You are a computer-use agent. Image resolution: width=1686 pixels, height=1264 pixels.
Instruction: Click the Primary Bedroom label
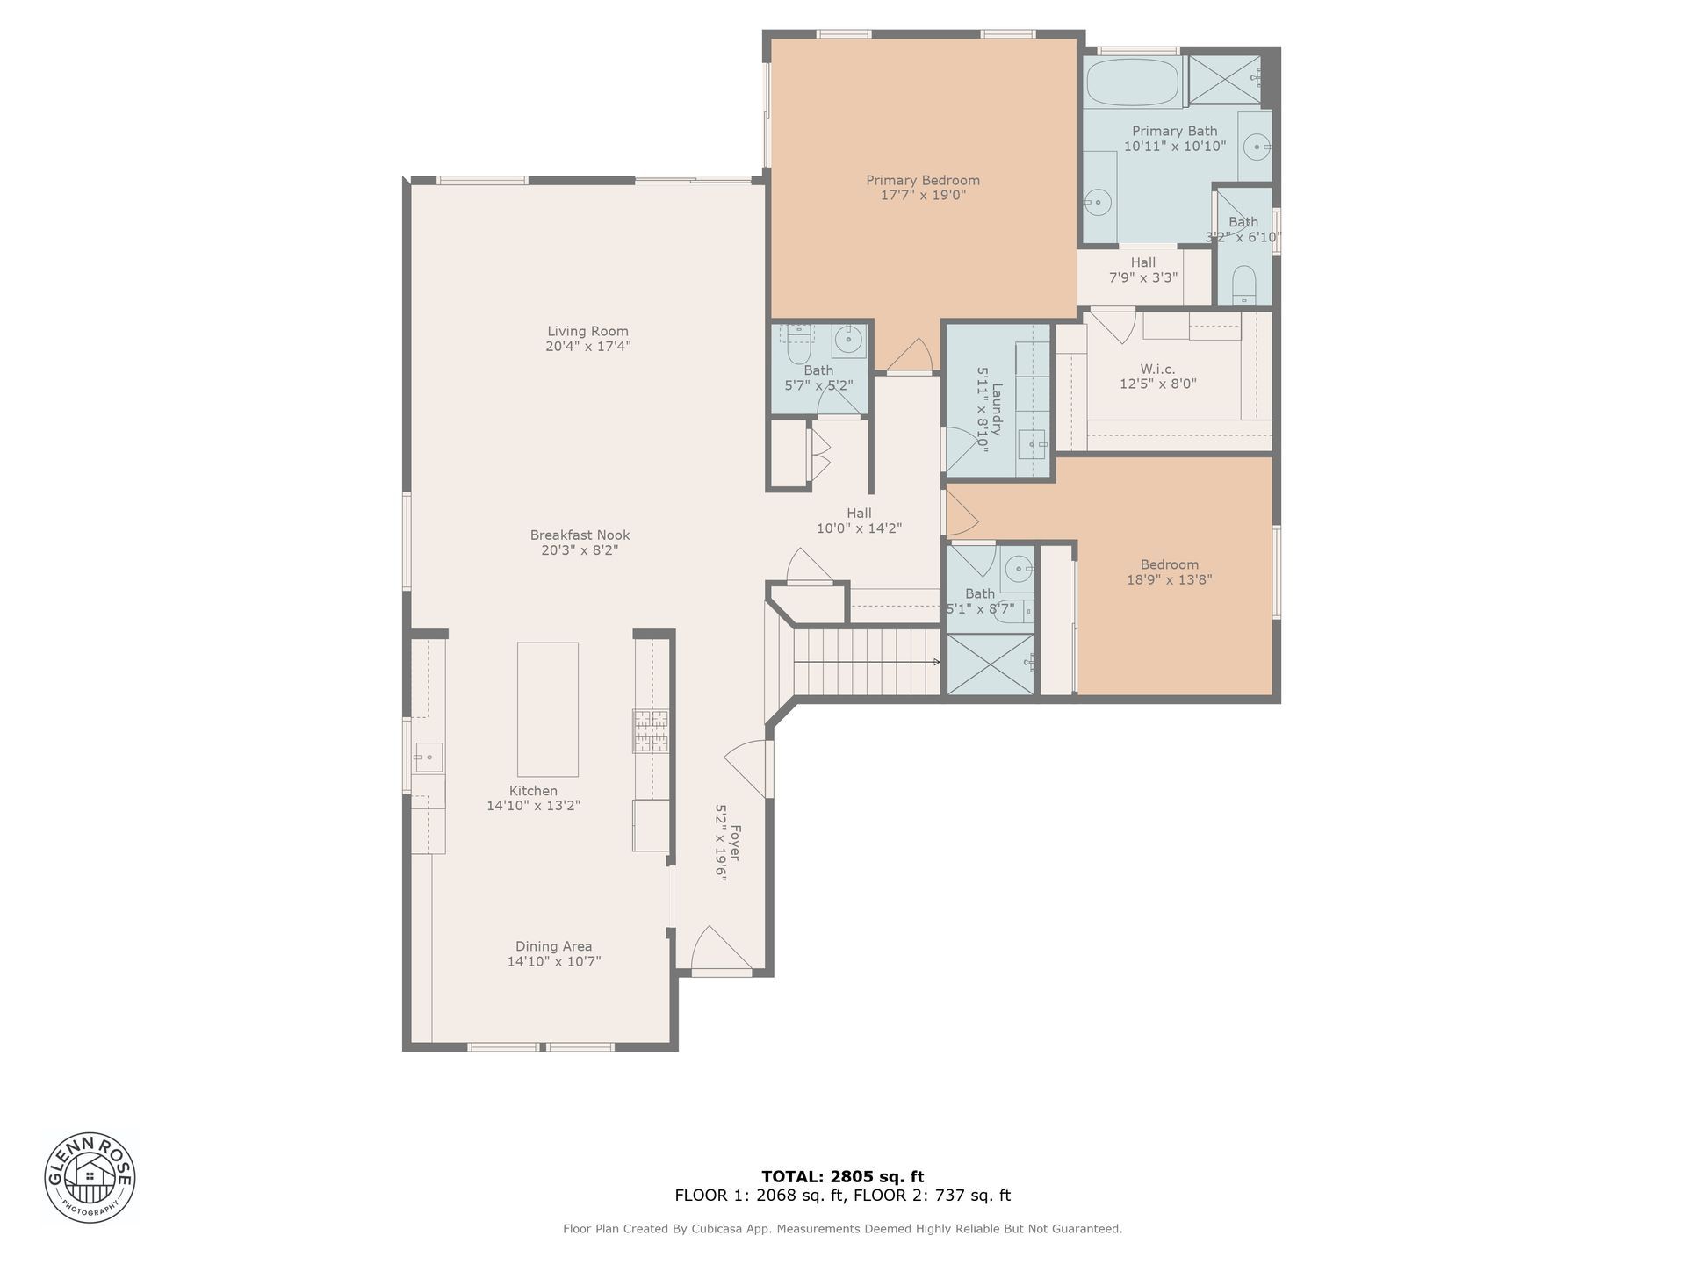click(x=923, y=180)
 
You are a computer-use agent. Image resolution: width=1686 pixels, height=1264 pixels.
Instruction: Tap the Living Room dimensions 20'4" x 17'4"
click(x=588, y=346)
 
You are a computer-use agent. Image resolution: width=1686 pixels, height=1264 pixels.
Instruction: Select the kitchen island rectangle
click(x=548, y=709)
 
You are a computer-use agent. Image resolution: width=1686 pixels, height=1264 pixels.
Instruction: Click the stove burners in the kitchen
click(x=651, y=731)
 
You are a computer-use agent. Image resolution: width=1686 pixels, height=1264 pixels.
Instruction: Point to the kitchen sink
click(x=429, y=757)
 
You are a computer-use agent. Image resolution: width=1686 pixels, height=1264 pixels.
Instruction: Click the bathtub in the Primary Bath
click(x=1133, y=83)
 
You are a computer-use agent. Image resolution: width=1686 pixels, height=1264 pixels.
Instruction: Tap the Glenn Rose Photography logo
click(x=90, y=1176)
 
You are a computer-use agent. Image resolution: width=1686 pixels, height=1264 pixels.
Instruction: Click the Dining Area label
click(x=554, y=946)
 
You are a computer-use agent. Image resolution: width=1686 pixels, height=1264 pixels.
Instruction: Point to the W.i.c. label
click(x=1158, y=369)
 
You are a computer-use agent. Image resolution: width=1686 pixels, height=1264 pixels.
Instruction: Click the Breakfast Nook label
click(x=580, y=535)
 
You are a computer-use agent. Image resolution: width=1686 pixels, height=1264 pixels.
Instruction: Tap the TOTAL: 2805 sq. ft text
click(x=843, y=1177)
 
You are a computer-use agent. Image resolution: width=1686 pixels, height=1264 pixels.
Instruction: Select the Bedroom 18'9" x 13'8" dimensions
click(x=1170, y=579)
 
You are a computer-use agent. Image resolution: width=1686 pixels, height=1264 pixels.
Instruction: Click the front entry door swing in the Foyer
click(x=722, y=951)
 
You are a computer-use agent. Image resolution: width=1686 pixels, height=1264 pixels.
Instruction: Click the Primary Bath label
click(x=1175, y=131)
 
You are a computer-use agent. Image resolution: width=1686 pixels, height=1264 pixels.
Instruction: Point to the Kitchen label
click(x=534, y=790)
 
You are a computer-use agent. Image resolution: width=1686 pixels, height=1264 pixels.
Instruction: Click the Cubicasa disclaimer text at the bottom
click(x=843, y=1229)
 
